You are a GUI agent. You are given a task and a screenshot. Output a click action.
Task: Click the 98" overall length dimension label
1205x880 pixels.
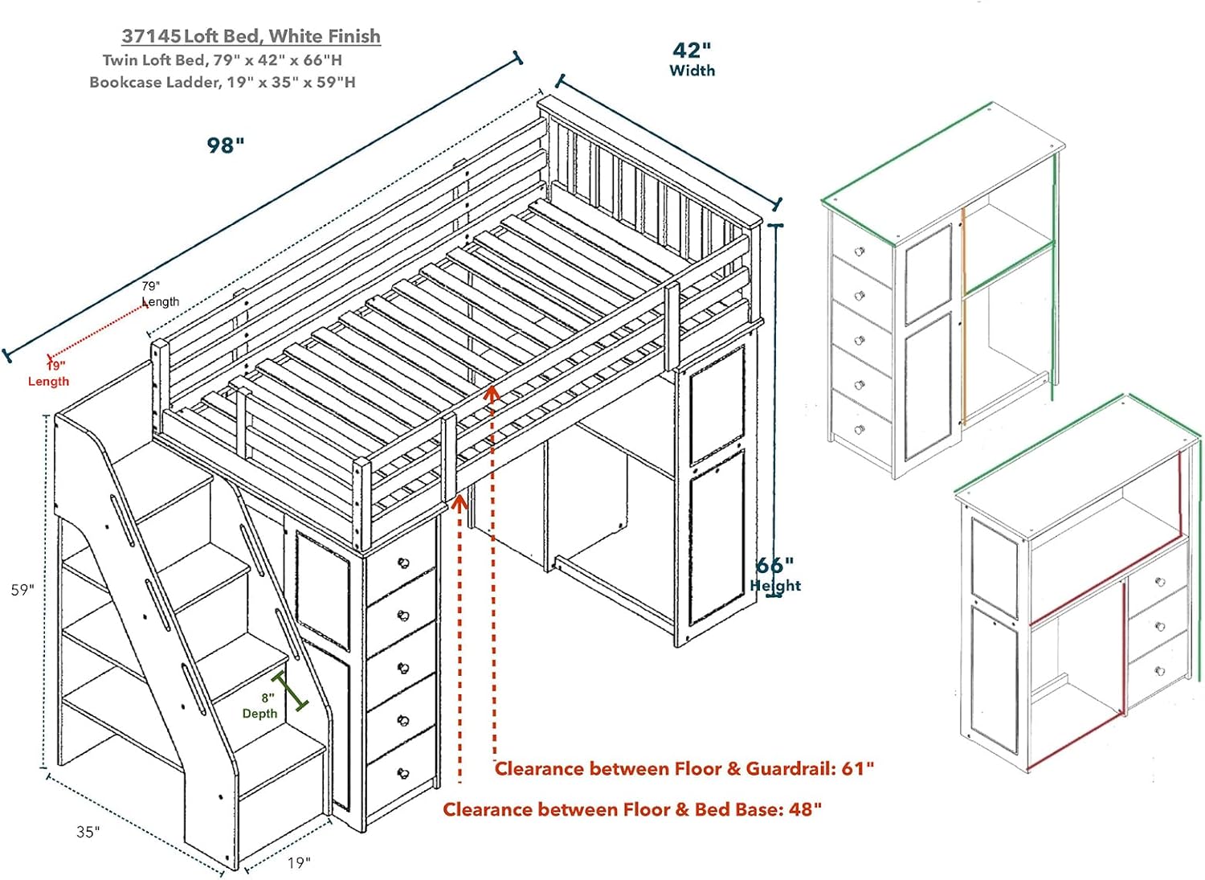(226, 145)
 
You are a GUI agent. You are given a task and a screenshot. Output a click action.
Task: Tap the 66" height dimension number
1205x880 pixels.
(774, 565)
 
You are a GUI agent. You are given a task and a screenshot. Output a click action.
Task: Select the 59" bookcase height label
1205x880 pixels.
(22, 590)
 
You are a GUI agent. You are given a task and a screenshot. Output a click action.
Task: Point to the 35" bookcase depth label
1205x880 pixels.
(88, 832)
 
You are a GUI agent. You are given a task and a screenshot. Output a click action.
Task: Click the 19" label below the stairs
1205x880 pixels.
(299, 862)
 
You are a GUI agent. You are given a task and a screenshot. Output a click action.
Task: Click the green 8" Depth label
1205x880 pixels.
(260, 706)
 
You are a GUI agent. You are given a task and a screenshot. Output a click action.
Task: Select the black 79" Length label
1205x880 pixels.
(159, 294)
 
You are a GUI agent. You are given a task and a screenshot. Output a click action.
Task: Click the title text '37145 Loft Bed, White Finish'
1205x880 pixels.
(251, 36)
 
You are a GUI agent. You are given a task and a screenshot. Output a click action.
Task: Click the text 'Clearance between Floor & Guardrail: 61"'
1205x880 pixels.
(684, 769)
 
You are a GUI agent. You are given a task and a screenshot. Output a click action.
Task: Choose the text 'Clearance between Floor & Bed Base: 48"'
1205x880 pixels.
(632, 809)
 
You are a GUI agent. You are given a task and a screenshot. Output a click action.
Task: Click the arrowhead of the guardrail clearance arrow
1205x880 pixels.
(492, 393)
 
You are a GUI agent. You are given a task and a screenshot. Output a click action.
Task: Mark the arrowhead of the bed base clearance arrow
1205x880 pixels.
(460, 503)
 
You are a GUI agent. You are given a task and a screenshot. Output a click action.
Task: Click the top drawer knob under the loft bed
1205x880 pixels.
(403, 563)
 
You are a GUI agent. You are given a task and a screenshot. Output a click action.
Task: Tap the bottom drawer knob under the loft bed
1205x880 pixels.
(403, 773)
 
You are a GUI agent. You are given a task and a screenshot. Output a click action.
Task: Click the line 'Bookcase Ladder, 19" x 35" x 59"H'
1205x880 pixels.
(223, 82)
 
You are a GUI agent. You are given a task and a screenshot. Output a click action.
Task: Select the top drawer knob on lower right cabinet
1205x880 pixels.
(1158, 582)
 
